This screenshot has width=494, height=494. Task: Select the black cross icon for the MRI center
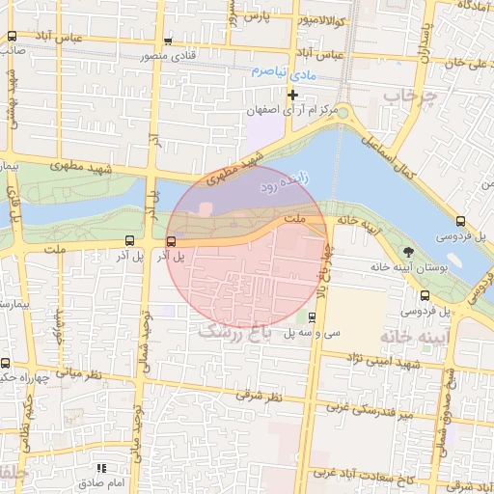click(293, 95)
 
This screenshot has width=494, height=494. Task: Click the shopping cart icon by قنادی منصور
click(169, 41)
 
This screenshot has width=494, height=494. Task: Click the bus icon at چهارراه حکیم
click(7, 364)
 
